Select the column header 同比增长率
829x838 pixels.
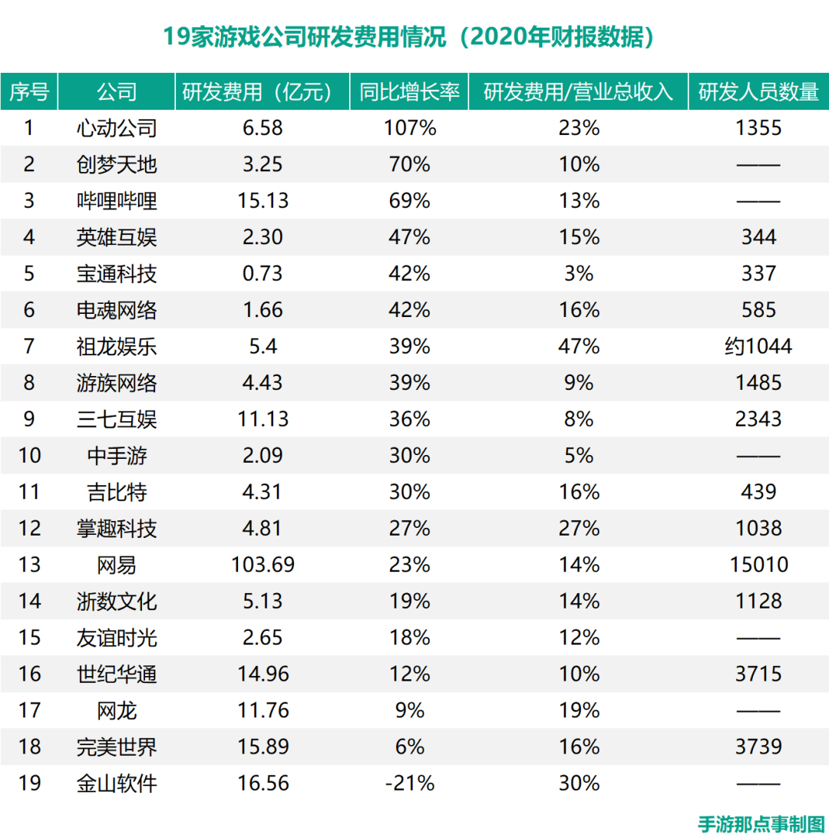point(410,92)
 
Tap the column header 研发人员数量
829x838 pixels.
point(758,92)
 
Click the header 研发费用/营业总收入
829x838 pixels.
point(579,92)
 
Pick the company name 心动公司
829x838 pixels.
point(117,127)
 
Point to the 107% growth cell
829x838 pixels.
point(410,127)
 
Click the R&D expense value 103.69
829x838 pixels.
point(263,565)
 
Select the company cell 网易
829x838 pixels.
point(117,565)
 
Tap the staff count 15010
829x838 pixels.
point(758,565)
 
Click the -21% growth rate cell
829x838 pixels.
point(410,784)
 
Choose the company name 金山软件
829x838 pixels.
point(117,784)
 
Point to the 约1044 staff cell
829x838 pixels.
point(758,346)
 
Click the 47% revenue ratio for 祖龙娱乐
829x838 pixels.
point(579,346)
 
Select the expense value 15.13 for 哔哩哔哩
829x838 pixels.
point(263,200)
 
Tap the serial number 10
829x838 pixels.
point(29,456)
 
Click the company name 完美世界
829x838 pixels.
point(117,747)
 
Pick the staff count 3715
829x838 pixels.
point(758,674)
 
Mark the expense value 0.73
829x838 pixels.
point(263,273)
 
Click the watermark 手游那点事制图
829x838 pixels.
point(761,824)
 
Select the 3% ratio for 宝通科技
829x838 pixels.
point(579,273)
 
